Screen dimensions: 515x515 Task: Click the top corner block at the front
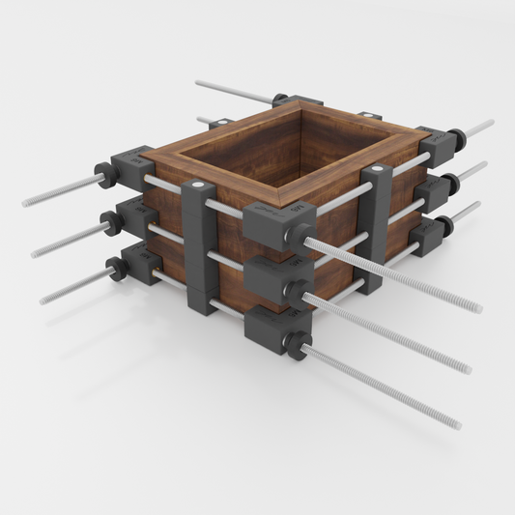tap(268, 223)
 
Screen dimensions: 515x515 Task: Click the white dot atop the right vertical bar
tap(376, 170)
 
